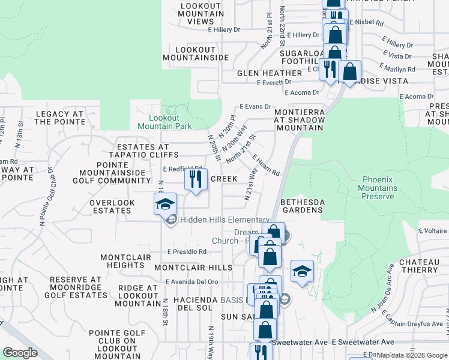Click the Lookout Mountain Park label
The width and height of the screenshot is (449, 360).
coord(164,122)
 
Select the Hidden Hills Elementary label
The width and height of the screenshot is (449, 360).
coord(224,220)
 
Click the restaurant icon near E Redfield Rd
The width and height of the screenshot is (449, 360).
coord(196,180)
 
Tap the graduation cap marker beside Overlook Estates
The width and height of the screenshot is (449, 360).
coord(166,205)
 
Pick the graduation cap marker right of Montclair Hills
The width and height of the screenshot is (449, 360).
coord(303,272)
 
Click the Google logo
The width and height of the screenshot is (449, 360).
coord(20,353)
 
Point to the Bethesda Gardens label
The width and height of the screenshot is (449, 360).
coord(302,205)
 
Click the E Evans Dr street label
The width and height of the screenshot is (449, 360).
coord(255,106)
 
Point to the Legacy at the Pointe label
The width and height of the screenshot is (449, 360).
coord(60,118)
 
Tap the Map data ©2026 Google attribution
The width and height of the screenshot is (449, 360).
coord(412,355)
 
